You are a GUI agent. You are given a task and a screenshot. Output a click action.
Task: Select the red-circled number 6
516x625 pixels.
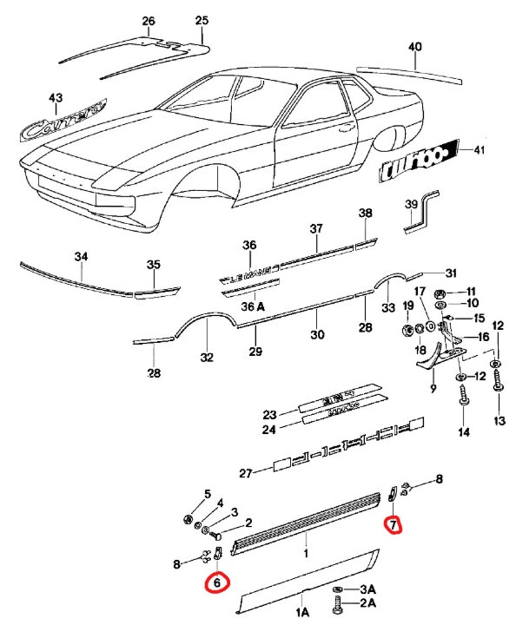(x=218, y=583)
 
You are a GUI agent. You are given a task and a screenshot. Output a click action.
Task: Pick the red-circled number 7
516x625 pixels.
(x=393, y=523)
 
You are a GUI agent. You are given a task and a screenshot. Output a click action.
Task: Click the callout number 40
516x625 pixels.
(x=415, y=47)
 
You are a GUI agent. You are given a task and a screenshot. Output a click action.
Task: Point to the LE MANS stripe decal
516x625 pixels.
(x=250, y=279)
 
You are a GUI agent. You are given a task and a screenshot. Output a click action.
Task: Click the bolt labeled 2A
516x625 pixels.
(x=337, y=605)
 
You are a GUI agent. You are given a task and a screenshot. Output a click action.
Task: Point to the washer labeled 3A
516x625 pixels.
(x=338, y=589)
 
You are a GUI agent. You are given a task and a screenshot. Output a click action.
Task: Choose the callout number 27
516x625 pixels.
(x=245, y=473)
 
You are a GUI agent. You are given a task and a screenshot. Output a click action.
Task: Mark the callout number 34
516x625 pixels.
(x=81, y=258)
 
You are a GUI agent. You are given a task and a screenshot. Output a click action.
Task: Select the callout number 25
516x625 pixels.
(x=201, y=21)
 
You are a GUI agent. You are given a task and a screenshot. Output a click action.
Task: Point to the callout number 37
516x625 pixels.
(x=316, y=229)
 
